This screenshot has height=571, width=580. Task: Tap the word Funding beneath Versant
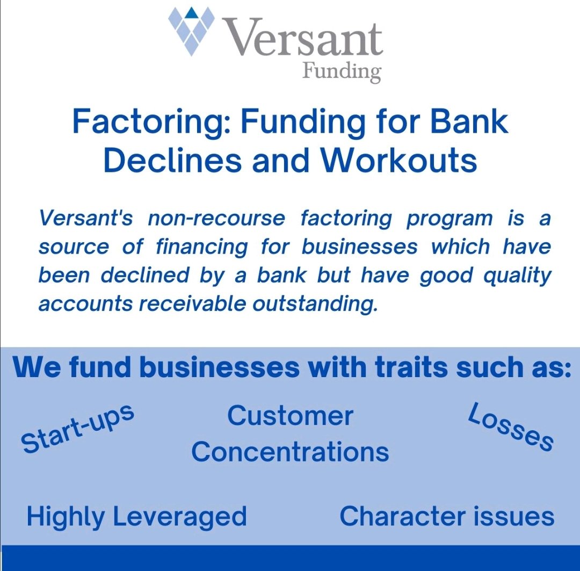click(x=342, y=72)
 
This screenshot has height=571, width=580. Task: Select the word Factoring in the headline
click(x=151, y=122)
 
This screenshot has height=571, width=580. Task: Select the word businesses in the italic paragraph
click(x=359, y=247)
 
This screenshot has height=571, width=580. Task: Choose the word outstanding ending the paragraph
click(x=314, y=303)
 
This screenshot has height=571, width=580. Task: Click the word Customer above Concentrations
click(x=290, y=416)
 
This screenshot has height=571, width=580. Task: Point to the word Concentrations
click(x=290, y=452)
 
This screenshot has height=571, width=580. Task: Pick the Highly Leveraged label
click(x=136, y=516)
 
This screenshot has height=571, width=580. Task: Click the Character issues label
click(x=447, y=516)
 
